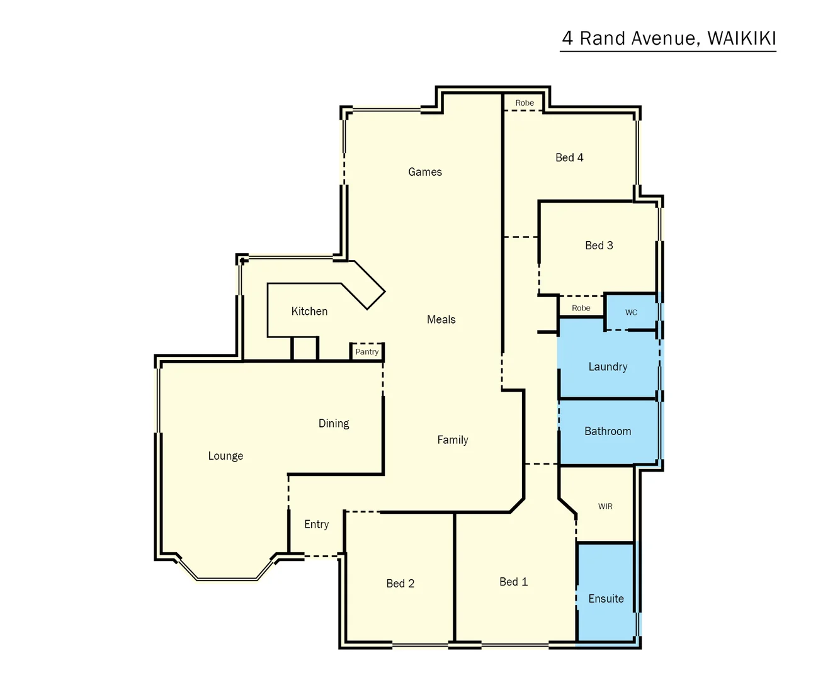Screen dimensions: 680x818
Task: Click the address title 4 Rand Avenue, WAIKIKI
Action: click(669, 38)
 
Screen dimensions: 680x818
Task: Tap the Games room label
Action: click(425, 172)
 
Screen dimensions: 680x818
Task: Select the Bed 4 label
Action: click(569, 157)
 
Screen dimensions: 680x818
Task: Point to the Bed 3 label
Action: click(599, 246)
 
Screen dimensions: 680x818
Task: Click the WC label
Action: click(631, 312)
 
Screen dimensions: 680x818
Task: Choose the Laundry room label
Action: click(608, 366)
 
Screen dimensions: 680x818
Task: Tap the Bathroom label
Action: click(608, 431)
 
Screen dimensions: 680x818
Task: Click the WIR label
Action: click(605, 506)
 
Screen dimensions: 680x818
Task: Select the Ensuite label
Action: click(606, 599)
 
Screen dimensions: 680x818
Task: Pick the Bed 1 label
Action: click(513, 582)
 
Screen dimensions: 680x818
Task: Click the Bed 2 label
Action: click(400, 584)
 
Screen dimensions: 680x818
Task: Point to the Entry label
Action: click(316, 524)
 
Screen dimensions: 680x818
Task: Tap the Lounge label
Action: click(225, 456)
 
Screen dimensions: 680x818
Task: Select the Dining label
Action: click(334, 424)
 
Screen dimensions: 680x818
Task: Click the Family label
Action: click(453, 440)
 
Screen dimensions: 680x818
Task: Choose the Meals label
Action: click(441, 320)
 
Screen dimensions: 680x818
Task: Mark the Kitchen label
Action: click(309, 311)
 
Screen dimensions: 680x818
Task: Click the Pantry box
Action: click(367, 352)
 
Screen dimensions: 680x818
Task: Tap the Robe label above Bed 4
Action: click(525, 103)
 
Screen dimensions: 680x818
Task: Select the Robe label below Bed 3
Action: click(581, 308)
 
